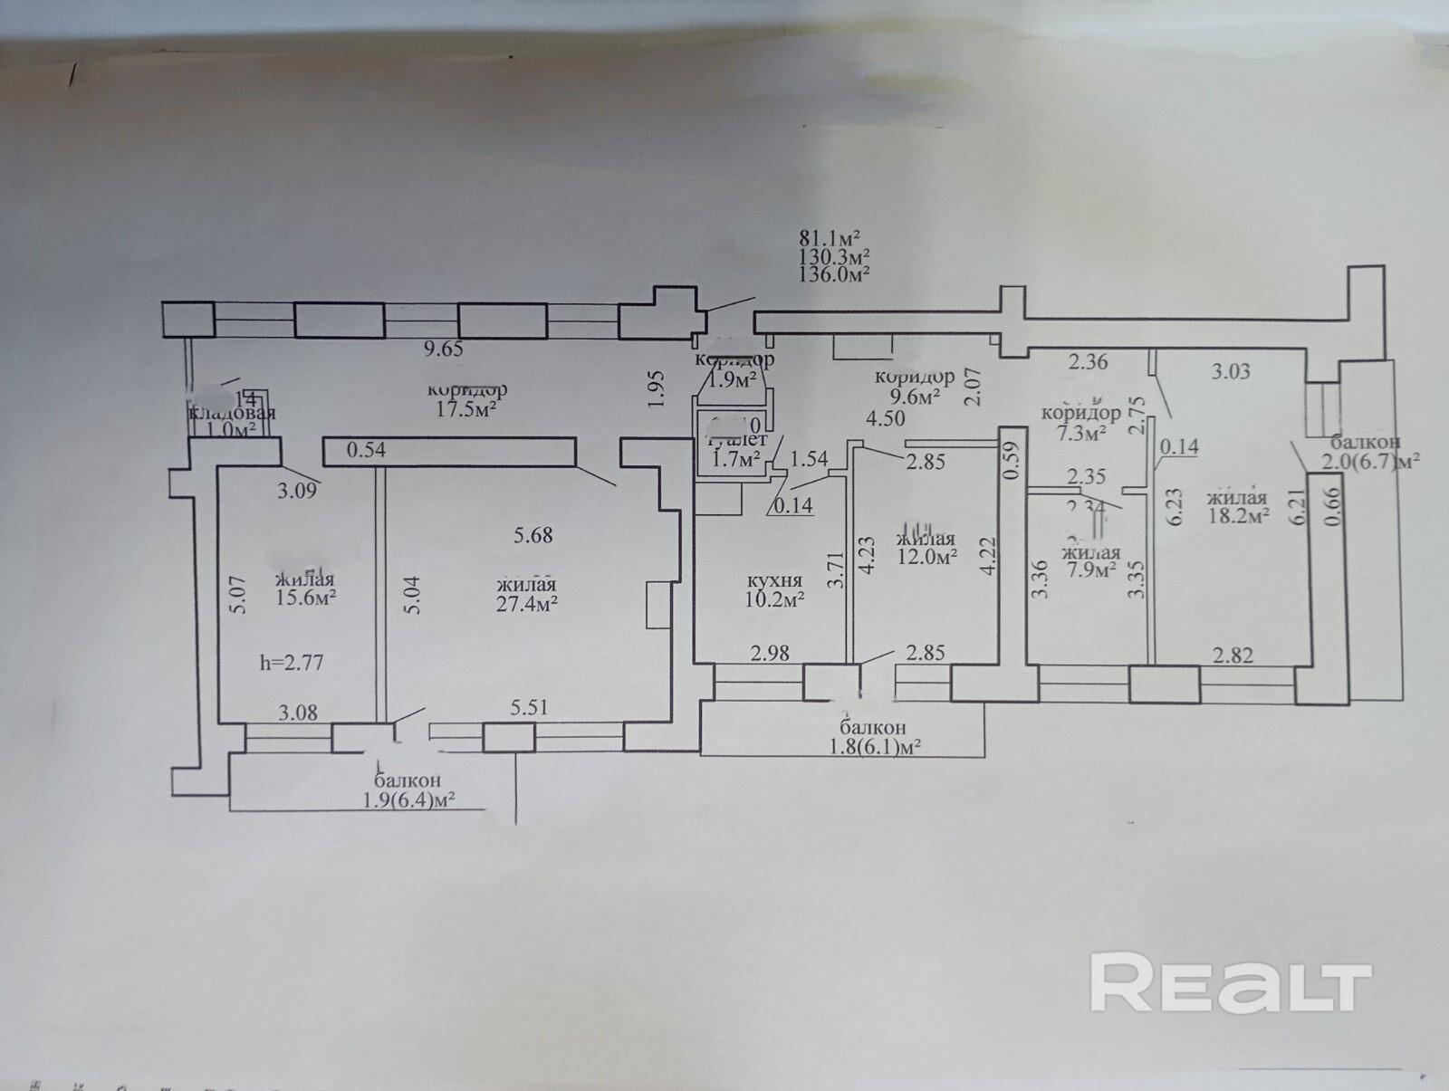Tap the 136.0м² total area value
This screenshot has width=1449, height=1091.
tap(834, 273)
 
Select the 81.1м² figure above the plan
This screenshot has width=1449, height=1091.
tap(828, 239)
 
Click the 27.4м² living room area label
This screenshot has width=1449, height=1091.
tap(525, 603)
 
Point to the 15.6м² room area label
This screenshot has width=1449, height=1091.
tap(305, 599)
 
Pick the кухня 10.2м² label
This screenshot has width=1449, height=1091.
tap(774, 589)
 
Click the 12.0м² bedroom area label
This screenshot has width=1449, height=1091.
tap(927, 557)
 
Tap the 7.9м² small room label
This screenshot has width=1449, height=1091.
tap(1090, 569)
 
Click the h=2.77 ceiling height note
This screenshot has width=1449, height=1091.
tap(292, 663)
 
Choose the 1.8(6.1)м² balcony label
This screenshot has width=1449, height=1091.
tap(872, 747)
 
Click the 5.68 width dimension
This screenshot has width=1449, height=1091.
tap(533, 535)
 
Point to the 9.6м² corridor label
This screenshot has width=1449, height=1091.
tap(914, 395)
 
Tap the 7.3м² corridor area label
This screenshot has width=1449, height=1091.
tap(1081, 433)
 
